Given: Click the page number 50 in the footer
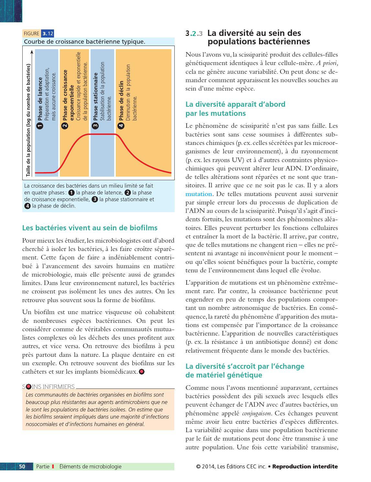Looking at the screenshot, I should (x=22, y=466).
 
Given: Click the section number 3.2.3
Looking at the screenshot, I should (x=194, y=34).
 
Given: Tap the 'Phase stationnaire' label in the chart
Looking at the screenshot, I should (x=95, y=97).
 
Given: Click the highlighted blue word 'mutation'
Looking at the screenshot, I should (x=199, y=194).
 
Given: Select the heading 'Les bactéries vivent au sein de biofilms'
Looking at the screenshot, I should (x=90, y=228).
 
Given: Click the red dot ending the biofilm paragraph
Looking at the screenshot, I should (x=142, y=372).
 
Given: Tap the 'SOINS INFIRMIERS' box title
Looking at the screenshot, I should (x=49, y=387).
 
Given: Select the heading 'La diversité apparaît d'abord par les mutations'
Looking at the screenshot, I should (x=235, y=109).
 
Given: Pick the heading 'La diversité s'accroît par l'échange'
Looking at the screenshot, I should (x=245, y=366).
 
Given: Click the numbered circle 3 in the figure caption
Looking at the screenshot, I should (x=95, y=199).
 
